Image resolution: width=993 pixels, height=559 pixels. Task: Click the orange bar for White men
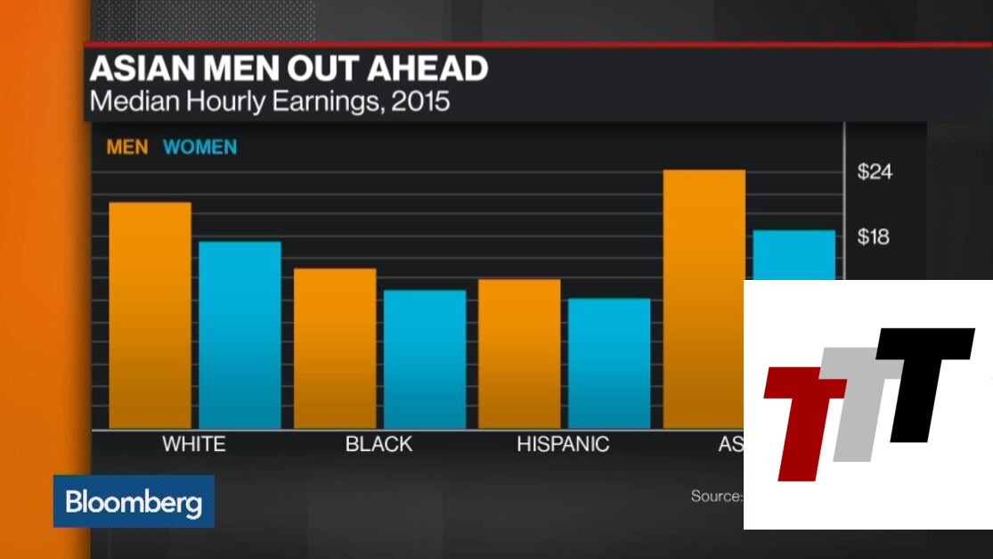tap(150, 316)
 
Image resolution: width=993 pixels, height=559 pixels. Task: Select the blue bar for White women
tap(240, 334)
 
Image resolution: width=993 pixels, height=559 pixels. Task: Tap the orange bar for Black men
tap(335, 348)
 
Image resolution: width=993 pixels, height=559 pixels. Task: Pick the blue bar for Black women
tap(425, 358)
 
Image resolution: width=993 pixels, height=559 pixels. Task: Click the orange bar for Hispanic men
tap(519, 353)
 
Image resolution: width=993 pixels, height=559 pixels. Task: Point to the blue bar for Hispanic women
tap(609, 363)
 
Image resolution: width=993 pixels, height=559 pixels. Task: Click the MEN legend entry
tap(127, 147)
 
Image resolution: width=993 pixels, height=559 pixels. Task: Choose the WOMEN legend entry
tap(200, 147)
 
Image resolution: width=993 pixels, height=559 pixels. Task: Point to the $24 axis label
tap(874, 172)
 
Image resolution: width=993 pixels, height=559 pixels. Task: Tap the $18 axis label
tap(873, 237)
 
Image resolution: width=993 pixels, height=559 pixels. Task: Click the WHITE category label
tap(194, 444)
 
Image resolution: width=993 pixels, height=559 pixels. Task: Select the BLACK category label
tap(378, 444)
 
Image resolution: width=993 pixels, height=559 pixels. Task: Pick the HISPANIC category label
tap(563, 444)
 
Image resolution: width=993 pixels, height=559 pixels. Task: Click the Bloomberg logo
tap(134, 502)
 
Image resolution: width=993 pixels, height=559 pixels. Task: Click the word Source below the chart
tap(716, 496)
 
